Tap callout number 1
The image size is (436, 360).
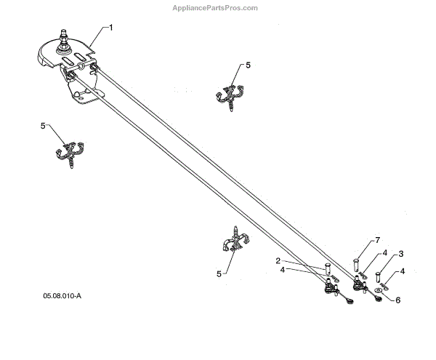[x=111, y=27]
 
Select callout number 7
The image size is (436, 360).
[x=378, y=241]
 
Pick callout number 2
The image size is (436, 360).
[x=278, y=260]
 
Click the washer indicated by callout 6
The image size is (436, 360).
[x=379, y=298]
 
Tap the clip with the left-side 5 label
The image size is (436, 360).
[x=69, y=152]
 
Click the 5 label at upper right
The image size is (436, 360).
[x=248, y=65]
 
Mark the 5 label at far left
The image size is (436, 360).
[x=43, y=126]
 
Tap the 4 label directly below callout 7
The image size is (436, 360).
[x=383, y=254]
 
